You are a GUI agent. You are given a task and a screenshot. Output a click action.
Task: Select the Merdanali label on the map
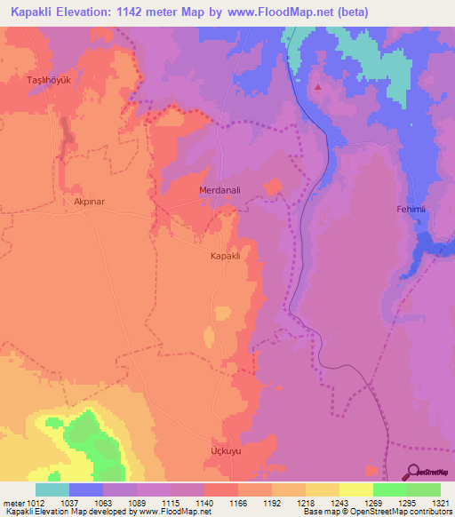[x=218, y=190]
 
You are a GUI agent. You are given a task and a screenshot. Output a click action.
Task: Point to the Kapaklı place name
[x=225, y=256]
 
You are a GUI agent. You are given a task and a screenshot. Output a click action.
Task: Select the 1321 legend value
[x=428, y=502]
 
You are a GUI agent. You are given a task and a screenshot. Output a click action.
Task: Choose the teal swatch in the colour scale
[x=52, y=489]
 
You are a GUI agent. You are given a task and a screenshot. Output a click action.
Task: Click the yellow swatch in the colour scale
[x=356, y=489]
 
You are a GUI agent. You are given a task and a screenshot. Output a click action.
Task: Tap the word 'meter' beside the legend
[x=12, y=502]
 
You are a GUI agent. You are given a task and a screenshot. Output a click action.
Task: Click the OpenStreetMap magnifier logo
[x=413, y=472]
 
